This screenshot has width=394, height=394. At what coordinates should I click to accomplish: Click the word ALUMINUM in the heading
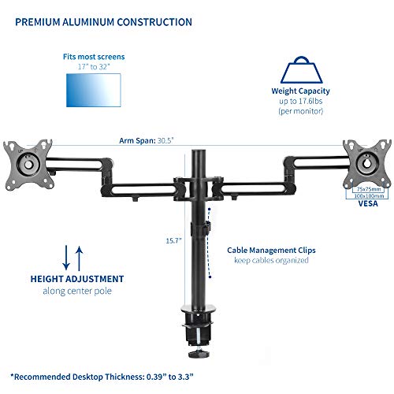[x=89, y=22]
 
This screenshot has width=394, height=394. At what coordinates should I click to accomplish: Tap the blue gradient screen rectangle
[x=94, y=90]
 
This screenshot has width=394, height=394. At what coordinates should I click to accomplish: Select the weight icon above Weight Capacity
[x=301, y=70]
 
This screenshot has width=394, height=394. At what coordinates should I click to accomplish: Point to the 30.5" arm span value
[x=165, y=140]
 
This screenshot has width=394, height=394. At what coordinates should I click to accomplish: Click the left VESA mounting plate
[x=28, y=165]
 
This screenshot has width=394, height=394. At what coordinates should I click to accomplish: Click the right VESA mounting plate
[x=367, y=164]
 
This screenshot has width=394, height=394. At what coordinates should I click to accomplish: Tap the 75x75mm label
[x=369, y=189]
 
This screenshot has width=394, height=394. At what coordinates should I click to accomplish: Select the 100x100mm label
[x=369, y=196]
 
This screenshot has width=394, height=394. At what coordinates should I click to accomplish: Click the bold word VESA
[x=368, y=203]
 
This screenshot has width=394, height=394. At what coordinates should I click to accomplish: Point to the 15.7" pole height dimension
[x=173, y=240]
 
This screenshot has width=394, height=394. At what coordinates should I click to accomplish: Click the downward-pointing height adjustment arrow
[x=66, y=258]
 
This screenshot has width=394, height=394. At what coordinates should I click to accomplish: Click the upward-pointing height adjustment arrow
[x=79, y=258]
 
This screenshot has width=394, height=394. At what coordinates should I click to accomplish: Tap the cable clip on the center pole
[x=206, y=228]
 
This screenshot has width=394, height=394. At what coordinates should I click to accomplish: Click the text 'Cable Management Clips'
[x=271, y=251]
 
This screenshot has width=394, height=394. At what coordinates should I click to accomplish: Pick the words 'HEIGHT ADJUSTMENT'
[x=77, y=279]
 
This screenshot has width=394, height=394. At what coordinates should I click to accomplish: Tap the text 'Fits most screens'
[x=94, y=57]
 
